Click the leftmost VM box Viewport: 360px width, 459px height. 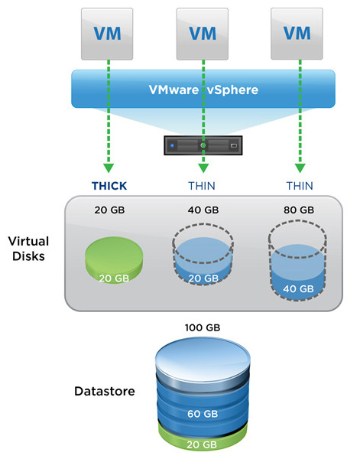click(x=107, y=33)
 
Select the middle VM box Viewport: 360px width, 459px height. click(x=203, y=33)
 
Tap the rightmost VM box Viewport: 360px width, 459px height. click(x=298, y=33)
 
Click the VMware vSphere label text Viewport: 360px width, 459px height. click(x=203, y=89)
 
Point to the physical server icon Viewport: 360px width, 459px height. click(x=203, y=143)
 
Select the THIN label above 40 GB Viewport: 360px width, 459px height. click(x=203, y=185)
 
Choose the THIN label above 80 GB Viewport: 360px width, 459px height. click(x=299, y=185)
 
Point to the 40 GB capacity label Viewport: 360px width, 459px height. click(x=203, y=210)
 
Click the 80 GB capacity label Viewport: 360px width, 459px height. click(x=299, y=210)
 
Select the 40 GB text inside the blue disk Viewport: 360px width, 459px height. click(x=299, y=288)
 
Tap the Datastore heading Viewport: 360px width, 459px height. click(x=105, y=391)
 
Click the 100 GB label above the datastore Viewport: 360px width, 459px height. click(x=203, y=327)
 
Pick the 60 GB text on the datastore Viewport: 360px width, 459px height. click(x=203, y=414)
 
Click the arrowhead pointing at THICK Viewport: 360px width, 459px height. click(x=108, y=168)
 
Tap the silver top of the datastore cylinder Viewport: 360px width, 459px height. click(x=203, y=356)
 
